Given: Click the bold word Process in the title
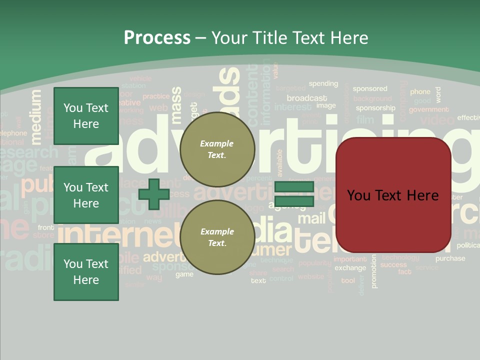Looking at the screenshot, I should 157,38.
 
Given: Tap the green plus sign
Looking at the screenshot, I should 154,194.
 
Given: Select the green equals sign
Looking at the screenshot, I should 293,194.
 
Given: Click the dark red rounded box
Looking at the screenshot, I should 393,195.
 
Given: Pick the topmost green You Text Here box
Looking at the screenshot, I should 86,116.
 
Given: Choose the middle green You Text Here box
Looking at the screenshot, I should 86,195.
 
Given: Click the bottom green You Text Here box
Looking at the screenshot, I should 86,272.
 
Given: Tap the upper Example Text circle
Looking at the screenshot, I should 217,149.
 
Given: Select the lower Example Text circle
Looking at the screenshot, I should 217,237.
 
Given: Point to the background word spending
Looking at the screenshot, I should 323,83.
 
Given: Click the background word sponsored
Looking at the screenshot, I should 370,88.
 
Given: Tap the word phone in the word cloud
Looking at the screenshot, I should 420,91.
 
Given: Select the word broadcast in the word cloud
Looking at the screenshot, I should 307,98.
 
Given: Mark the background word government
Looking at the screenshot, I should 428,109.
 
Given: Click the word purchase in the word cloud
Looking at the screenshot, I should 450,258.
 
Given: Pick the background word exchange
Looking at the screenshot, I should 350,268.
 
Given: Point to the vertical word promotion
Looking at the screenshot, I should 374,271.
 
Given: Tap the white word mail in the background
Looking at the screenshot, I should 311,218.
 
